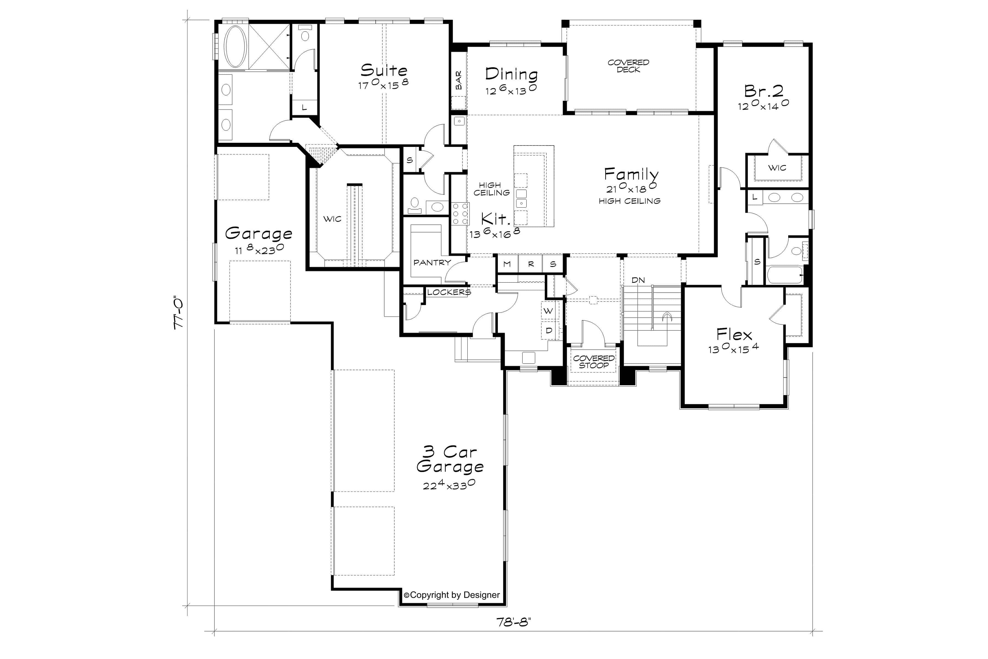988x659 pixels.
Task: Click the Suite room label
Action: click(x=383, y=70)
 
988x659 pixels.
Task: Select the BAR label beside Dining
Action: click(x=458, y=80)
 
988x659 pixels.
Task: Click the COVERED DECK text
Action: click(x=628, y=66)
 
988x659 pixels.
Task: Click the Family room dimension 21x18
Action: click(x=631, y=188)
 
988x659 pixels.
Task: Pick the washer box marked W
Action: click(x=548, y=311)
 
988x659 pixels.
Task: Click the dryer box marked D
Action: click(x=549, y=331)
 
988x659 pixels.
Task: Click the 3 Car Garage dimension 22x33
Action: click(x=449, y=485)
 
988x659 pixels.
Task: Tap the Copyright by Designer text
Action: click(x=451, y=595)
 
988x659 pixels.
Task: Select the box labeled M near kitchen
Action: click(x=507, y=264)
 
